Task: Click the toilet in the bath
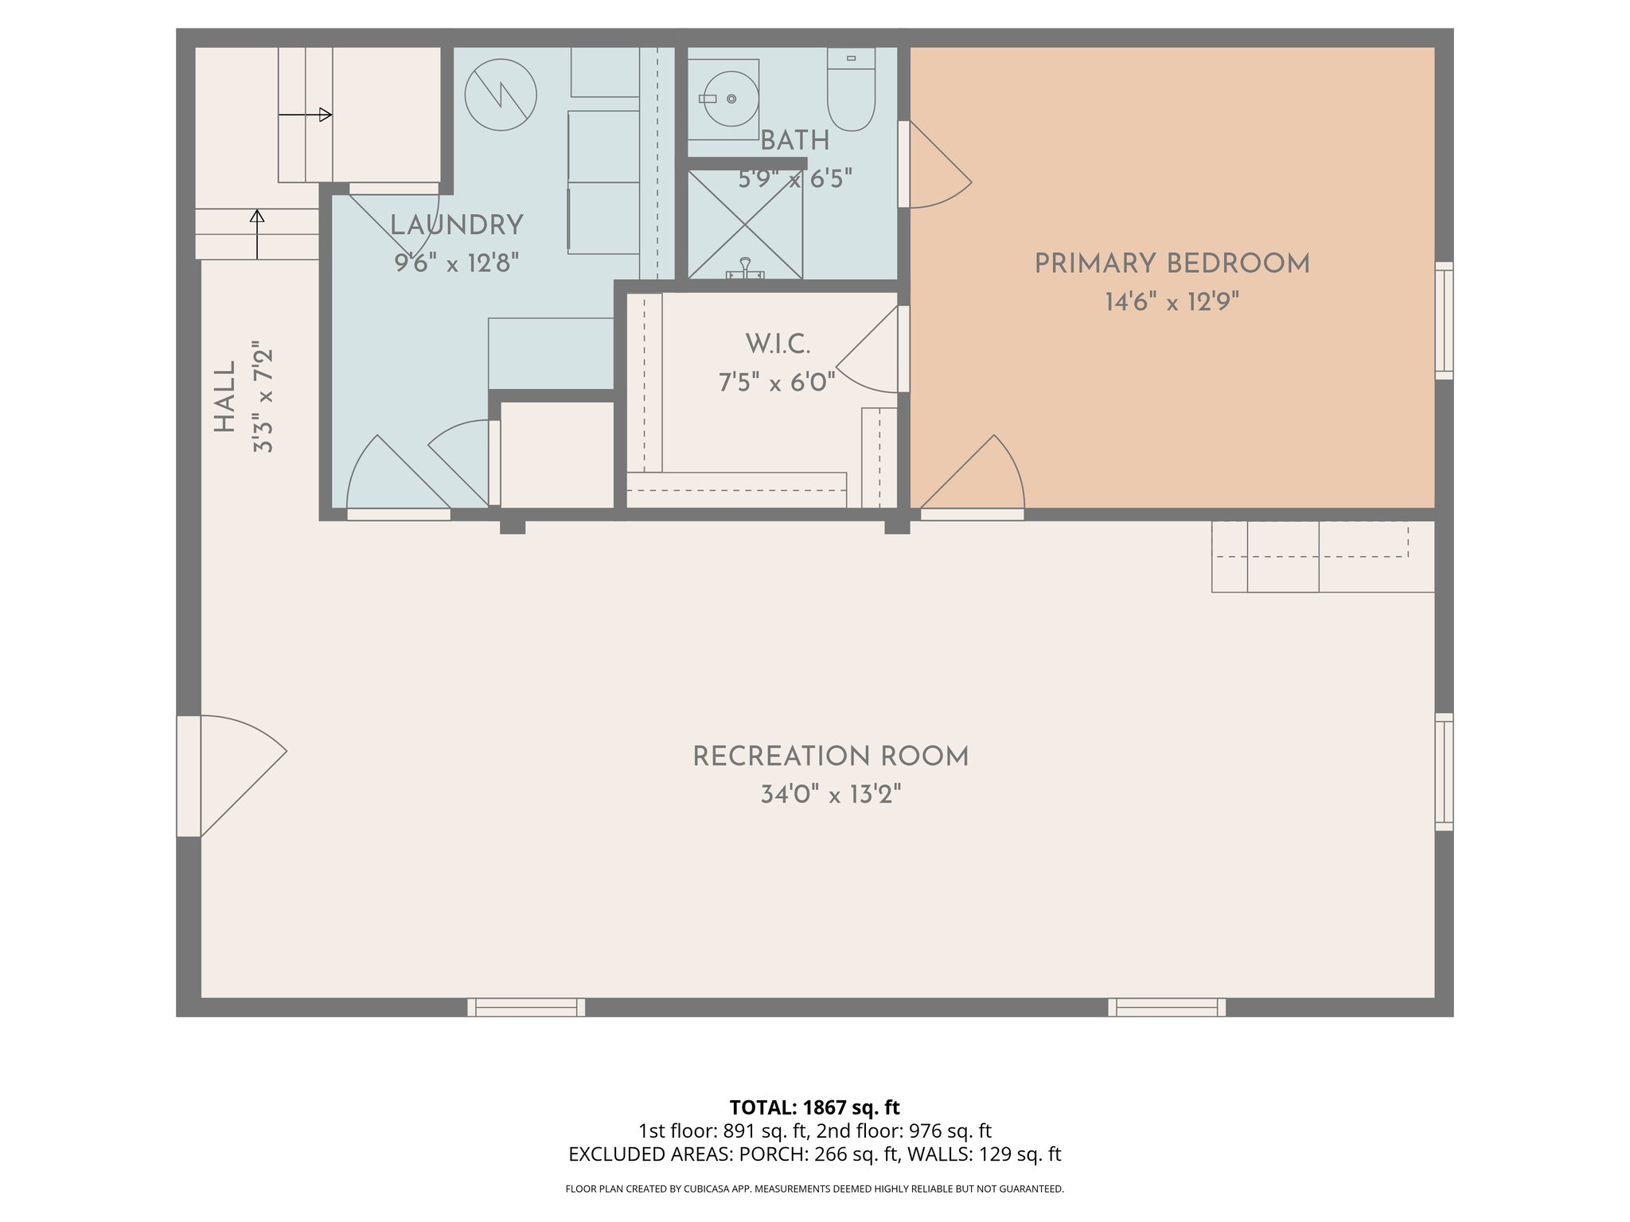click(x=851, y=89)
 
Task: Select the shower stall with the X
click(x=745, y=224)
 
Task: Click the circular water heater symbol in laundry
click(x=501, y=95)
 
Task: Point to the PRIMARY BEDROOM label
click(x=1172, y=264)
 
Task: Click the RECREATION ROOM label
click(x=830, y=757)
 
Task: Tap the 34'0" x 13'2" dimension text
click(x=830, y=795)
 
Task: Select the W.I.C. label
click(x=778, y=345)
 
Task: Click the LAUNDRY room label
click(x=457, y=226)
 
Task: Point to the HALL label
click(x=225, y=397)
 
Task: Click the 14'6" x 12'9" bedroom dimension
click(x=1172, y=302)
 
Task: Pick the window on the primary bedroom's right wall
click(x=1444, y=321)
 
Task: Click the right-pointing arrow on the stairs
click(x=306, y=115)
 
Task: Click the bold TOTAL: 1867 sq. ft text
click(x=814, y=1107)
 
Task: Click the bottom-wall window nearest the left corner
click(x=526, y=1007)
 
